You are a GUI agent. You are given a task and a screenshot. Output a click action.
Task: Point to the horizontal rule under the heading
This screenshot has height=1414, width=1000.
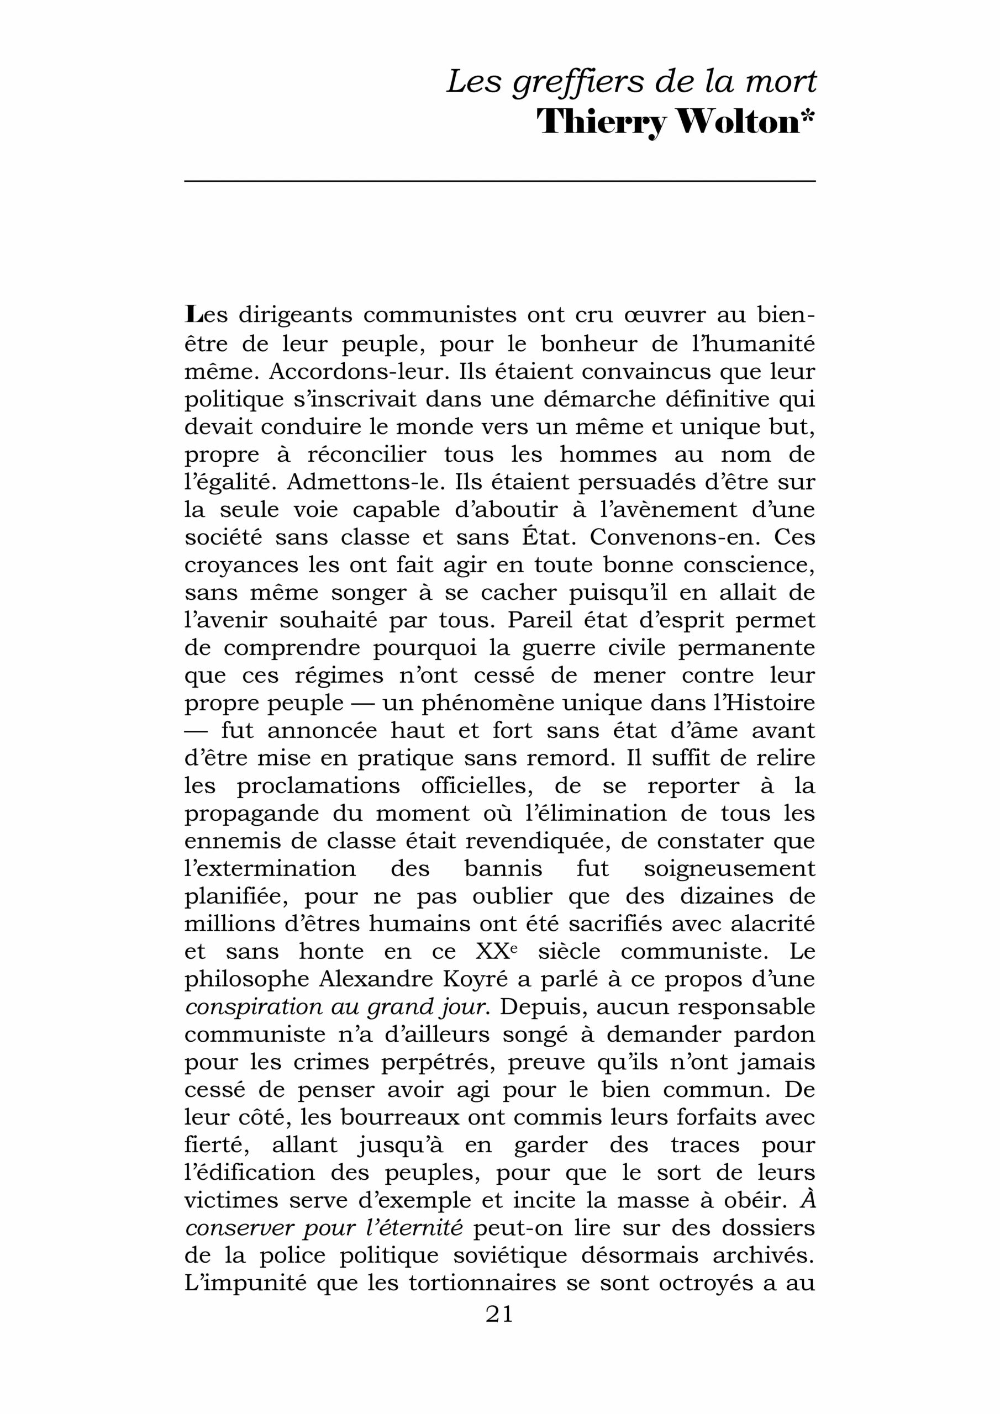499,181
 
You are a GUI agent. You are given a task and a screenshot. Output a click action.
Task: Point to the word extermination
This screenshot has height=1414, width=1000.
271,869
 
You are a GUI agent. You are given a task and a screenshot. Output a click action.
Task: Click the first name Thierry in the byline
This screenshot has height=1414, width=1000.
602,123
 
